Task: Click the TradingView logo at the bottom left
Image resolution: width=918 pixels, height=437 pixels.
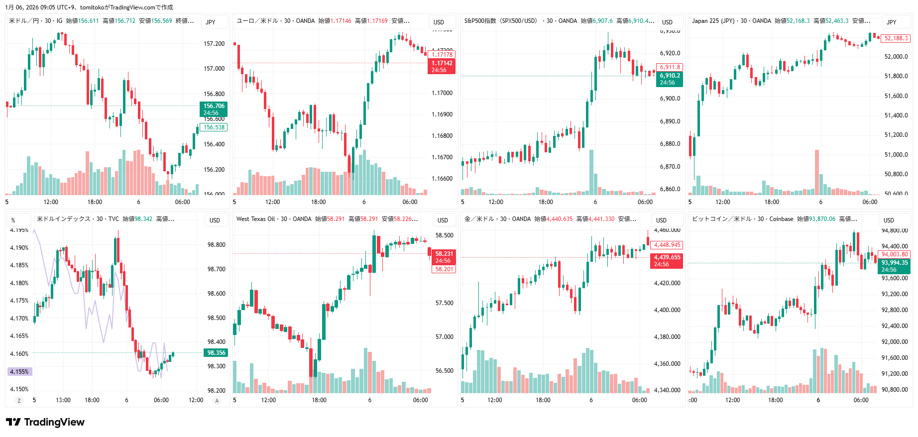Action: (x=45, y=422)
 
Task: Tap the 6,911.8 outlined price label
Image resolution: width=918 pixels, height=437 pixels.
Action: (x=670, y=67)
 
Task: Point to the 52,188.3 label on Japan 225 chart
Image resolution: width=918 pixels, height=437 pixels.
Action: (x=896, y=38)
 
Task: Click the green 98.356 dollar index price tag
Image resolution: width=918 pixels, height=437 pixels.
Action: (x=216, y=353)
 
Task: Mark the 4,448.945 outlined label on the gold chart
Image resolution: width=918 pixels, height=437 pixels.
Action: (x=667, y=245)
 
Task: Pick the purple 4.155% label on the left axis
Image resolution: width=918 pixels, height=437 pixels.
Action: (x=19, y=372)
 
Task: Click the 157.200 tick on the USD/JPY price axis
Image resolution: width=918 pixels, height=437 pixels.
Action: (x=214, y=44)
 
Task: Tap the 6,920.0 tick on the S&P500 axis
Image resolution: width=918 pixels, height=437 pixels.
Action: (x=670, y=53)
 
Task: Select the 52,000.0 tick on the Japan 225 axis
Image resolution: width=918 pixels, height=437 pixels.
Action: (x=896, y=57)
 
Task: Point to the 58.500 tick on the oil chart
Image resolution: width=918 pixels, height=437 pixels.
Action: (x=444, y=235)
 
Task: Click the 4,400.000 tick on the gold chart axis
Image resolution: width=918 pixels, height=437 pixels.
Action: (x=667, y=310)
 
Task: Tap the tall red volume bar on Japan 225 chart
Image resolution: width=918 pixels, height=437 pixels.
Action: (x=817, y=172)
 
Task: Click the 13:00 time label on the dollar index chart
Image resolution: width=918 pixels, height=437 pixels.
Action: (x=63, y=400)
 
